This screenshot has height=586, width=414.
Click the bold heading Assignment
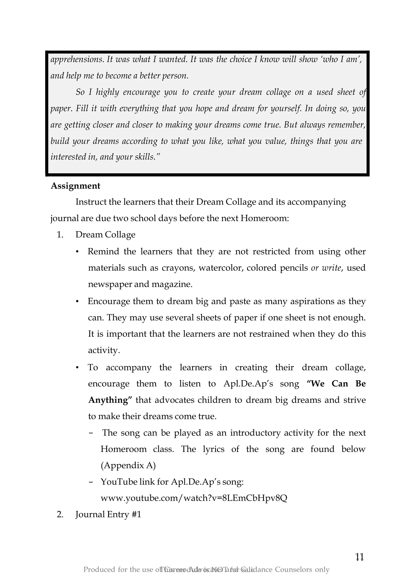(76, 186)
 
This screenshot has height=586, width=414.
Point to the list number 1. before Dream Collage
(60, 235)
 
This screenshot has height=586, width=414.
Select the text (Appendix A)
(128, 465)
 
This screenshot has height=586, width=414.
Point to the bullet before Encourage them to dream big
(77, 301)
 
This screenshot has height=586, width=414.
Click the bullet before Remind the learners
(77, 252)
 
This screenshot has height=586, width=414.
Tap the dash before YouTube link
(91, 482)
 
